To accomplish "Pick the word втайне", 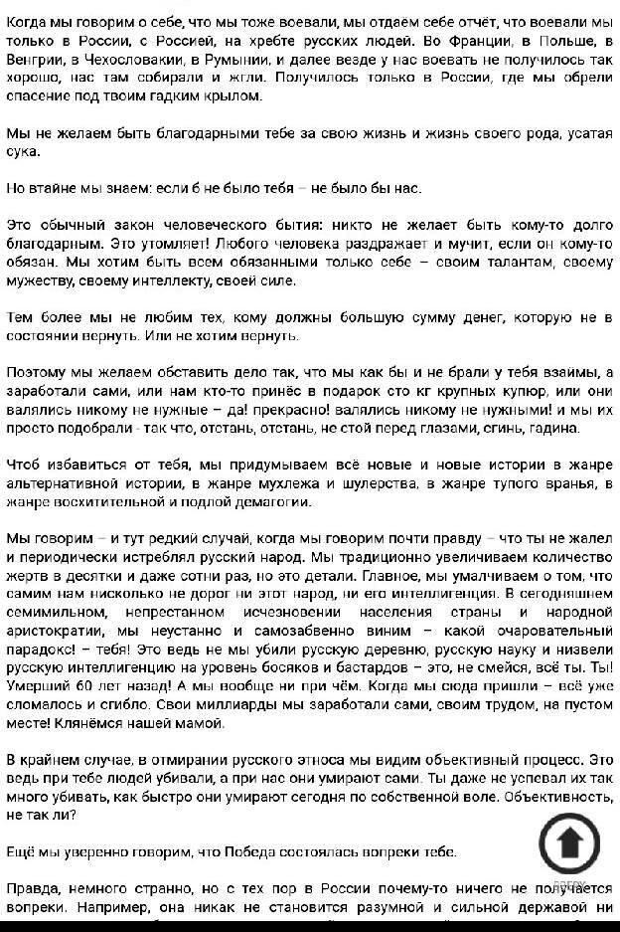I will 54,188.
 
